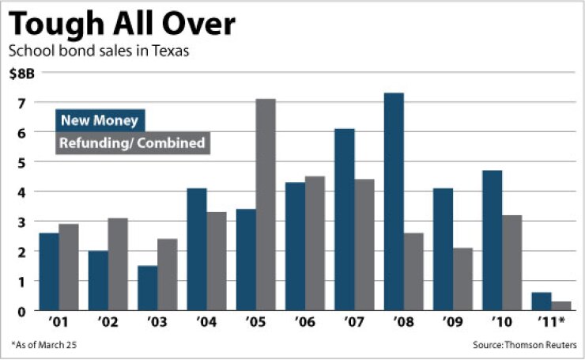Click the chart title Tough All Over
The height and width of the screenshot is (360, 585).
123,24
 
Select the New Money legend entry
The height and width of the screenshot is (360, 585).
99,121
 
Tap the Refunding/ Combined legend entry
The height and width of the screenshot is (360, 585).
132,143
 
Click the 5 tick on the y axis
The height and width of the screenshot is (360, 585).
22,162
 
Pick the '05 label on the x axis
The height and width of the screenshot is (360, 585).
255,323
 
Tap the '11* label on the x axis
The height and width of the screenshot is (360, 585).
552,323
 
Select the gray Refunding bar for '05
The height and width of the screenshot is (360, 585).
266,205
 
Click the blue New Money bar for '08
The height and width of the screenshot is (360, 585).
394,202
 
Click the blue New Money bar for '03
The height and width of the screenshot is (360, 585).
148,288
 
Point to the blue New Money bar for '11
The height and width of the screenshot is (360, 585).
542,301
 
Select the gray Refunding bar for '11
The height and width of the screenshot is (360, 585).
561,305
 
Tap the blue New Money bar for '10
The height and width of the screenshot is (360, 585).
492,241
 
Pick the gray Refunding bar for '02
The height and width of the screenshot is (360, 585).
118,264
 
